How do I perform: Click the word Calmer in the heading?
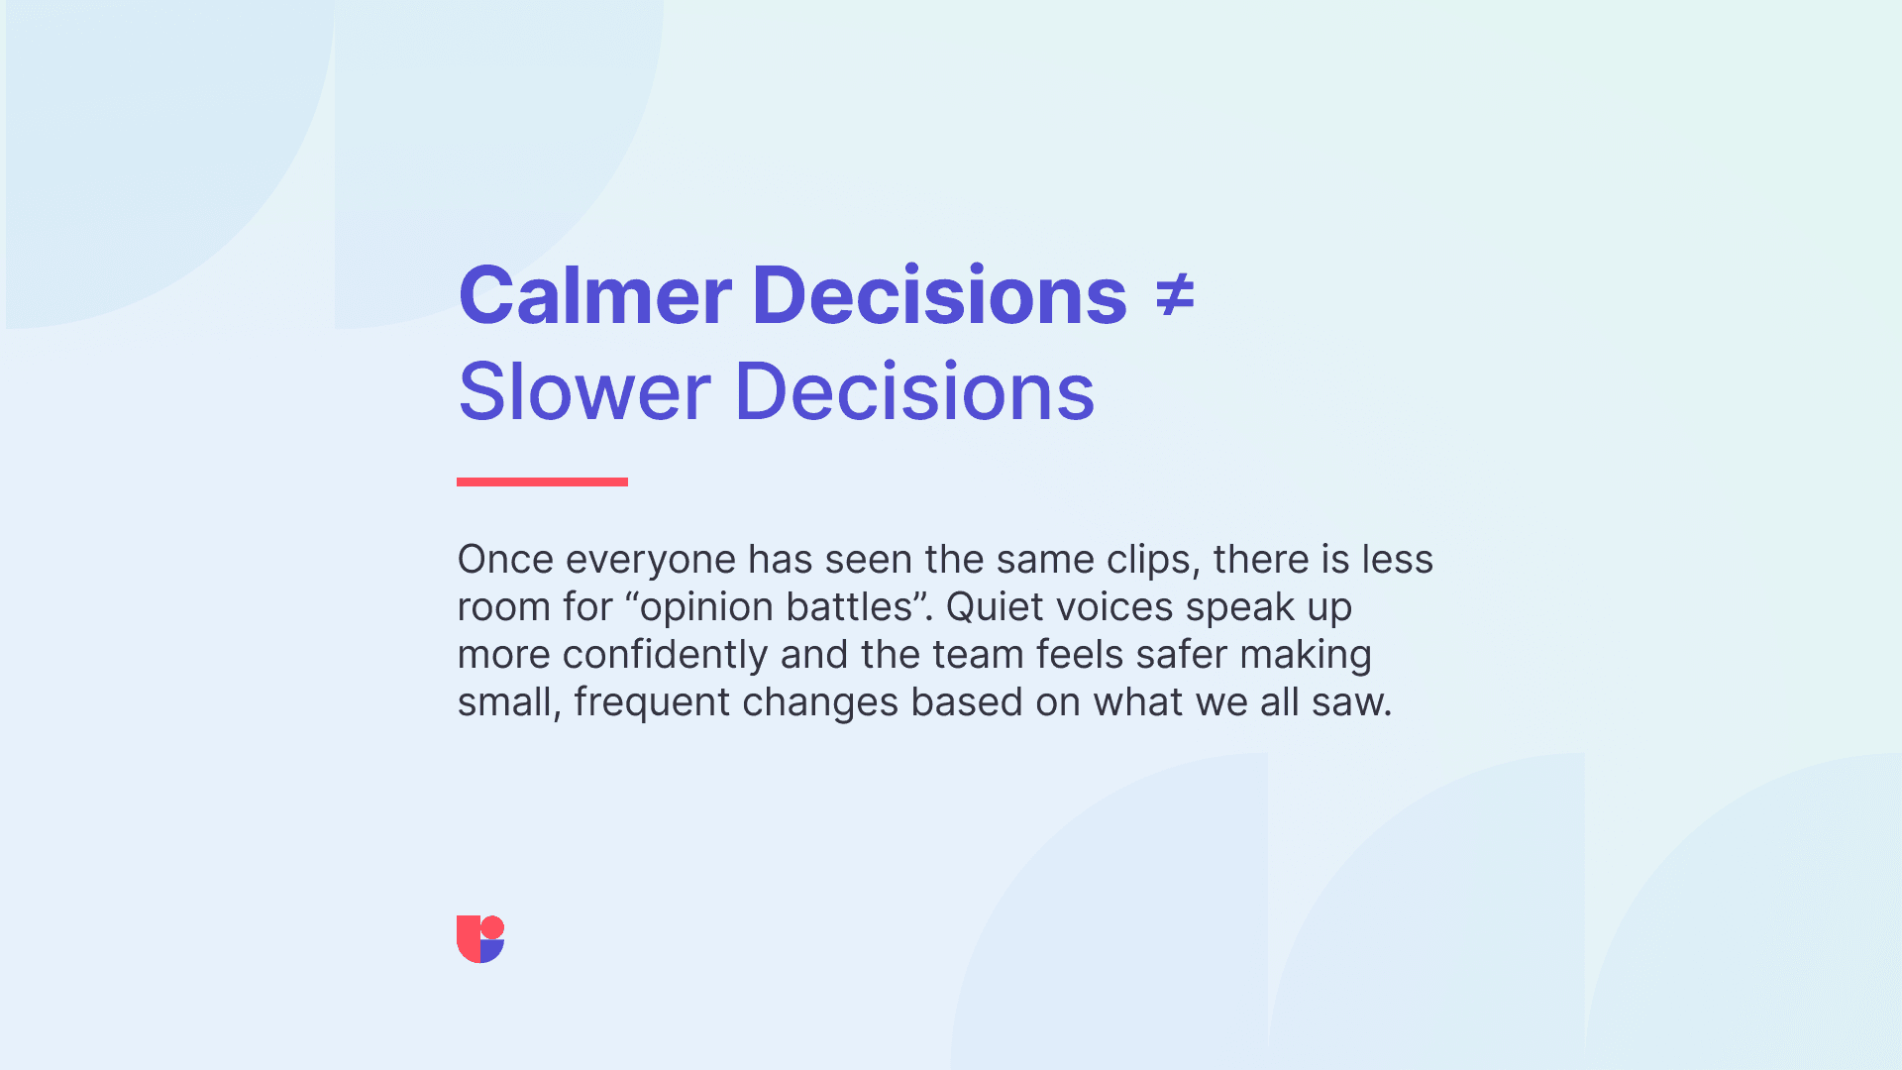[x=595, y=295]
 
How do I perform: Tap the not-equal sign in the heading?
[x=1175, y=296]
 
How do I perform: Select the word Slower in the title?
[x=584, y=391]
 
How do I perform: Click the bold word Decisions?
[x=939, y=295]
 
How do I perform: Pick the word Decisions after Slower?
[x=914, y=391]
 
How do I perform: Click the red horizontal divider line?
[x=542, y=481]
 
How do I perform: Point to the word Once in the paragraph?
[x=505, y=560]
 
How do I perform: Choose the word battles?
[x=849, y=607]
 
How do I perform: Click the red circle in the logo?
[x=492, y=927]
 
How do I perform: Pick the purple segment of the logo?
[x=492, y=951]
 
